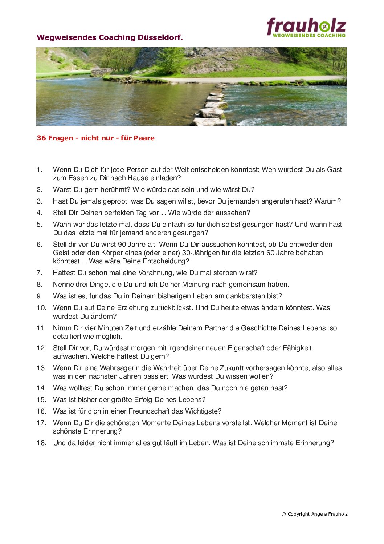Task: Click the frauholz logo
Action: pos(306,27)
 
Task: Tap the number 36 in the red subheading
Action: pos(41,138)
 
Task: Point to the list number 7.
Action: pos(39,273)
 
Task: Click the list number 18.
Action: pos(41,443)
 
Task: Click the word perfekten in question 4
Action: pos(119,213)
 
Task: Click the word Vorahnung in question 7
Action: pos(147,273)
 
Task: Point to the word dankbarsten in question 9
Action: pos(245,296)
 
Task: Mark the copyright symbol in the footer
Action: pos(284,514)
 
